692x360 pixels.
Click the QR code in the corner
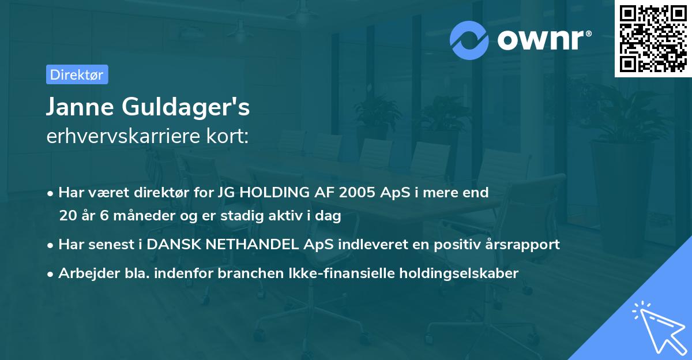653,39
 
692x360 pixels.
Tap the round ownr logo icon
470,40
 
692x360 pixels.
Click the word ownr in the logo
540,40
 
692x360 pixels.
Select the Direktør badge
77,74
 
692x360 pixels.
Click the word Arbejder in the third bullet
82,273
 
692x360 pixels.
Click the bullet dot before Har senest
51,245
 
